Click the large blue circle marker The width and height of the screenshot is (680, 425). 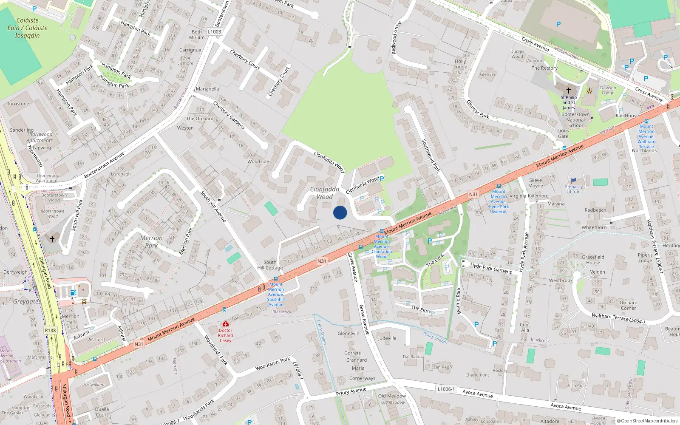pos(340,212)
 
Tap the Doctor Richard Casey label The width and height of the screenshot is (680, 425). pos(226,335)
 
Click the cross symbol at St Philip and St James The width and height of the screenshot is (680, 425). pos(568,90)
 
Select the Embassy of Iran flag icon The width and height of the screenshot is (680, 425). pos(574,181)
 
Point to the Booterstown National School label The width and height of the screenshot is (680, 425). pos(575,120)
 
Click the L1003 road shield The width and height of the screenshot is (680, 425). pos(214,32)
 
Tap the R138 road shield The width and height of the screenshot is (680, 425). pos(50,330)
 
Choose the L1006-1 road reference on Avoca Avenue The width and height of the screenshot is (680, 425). pos(446,389)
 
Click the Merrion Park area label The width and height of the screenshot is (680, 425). pos(151,242)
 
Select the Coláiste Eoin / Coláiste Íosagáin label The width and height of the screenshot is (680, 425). pos(27,28)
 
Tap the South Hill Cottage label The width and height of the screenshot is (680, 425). pos(270,265)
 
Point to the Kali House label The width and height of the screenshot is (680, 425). pos(627,116)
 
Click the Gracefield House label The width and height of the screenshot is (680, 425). pos(593,260)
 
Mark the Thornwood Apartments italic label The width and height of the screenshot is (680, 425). pos(40,137)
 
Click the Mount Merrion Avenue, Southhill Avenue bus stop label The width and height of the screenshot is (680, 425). pos(276,294)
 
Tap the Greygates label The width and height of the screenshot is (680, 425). pos(26,302)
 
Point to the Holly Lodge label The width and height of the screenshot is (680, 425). pos(460,64)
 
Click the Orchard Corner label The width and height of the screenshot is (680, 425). pos(628,305)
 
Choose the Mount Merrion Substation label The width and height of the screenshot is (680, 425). pos(9,356)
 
